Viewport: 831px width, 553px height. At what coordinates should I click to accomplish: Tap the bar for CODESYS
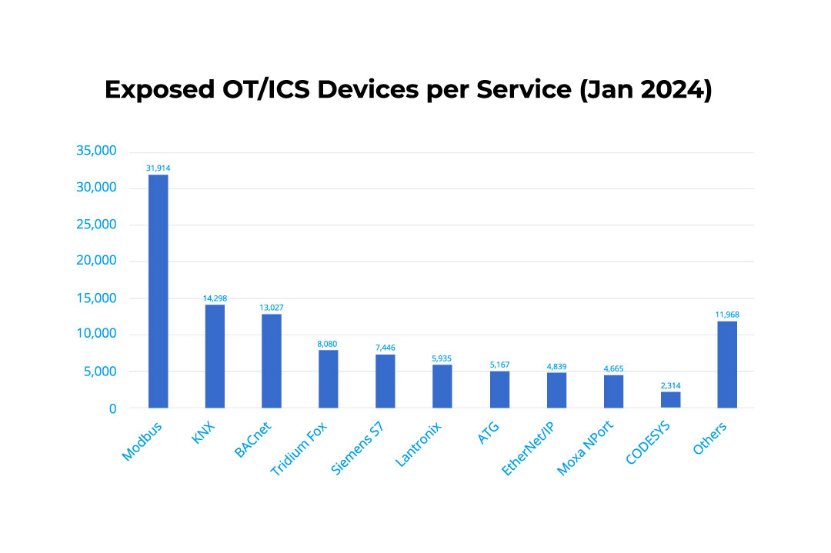tap(670, 400)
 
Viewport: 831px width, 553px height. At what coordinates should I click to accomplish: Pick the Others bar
tap(727, 365)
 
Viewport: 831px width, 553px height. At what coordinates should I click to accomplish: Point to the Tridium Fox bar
tap(329, 378)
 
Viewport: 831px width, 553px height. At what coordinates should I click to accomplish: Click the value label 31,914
tap(158, 167)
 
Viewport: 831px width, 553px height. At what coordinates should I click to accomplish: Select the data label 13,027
tap(272, 307)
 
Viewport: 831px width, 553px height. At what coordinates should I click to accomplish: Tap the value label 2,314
tap(670, 385)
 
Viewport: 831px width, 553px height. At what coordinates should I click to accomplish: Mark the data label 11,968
tap(727, 314)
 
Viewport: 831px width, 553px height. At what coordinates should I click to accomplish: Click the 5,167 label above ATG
tap(499, 365)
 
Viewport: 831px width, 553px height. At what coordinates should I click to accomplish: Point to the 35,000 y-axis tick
tap(97, 151)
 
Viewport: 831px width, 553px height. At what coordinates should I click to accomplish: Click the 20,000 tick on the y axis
tap(97, 261)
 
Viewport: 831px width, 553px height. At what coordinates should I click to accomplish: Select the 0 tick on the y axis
tap(112, 408)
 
